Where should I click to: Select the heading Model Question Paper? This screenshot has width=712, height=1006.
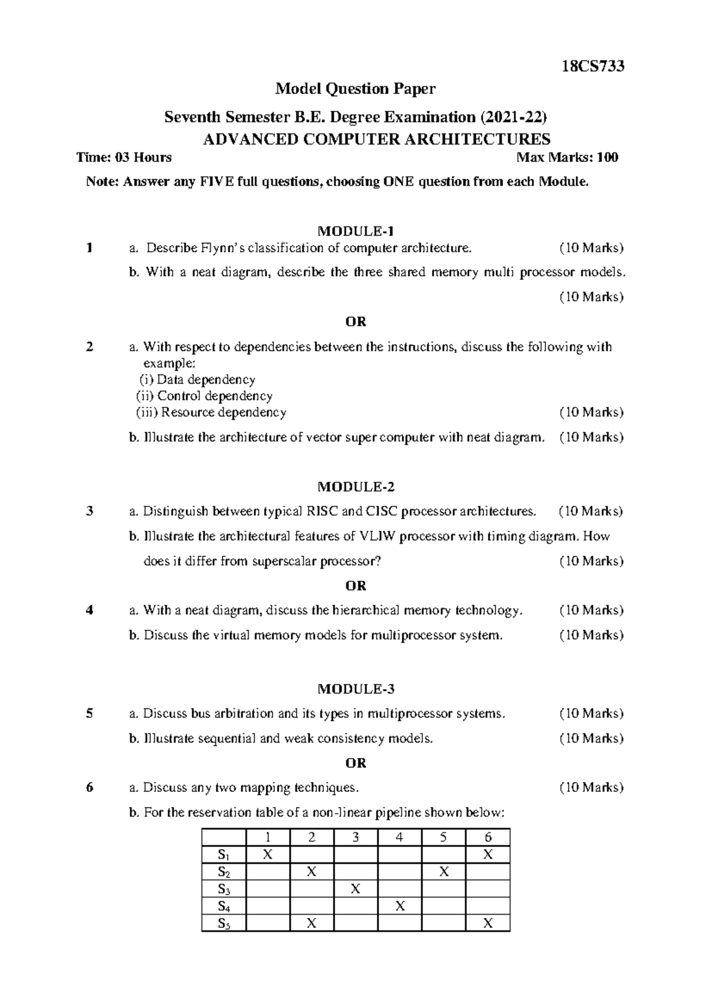click(x=355, y=89)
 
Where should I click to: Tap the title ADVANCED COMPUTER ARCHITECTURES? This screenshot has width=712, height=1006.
click(x=376, y=139)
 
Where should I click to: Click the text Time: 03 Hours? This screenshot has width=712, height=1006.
click(x=125, y=157)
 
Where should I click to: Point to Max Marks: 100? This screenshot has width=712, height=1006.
click(x=567, y=157)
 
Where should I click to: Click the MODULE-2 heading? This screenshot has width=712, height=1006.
click(x=355, y=487)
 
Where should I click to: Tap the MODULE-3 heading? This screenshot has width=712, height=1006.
click(x=355, y=689)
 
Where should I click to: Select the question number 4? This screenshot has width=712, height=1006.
click(x=90, y=610)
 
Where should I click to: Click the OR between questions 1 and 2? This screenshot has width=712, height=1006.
click(x=355, y=321)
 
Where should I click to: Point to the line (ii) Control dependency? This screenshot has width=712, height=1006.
click(x=204, y=396)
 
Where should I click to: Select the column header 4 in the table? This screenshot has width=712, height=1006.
click(x=399, y=838)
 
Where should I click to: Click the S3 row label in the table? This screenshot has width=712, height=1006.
click(x=224, y=889)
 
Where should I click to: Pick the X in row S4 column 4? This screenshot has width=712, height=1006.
click(x=399, y=906)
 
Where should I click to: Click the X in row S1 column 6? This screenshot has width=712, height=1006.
click(x=488, y=855)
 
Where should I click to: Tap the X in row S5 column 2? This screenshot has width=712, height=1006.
click(x=311, y=923)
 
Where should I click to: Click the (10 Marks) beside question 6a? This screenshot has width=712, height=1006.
click(x=591, y=788)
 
